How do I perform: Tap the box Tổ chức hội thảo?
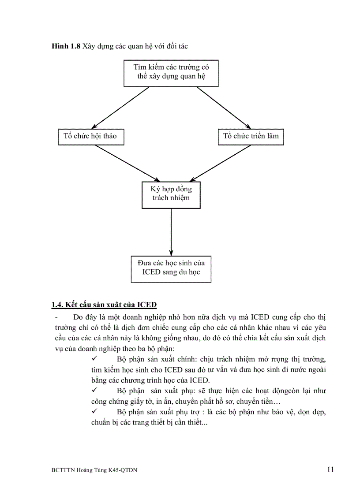pyautogui.click(x=90, y=136)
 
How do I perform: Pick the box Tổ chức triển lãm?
pyautogui.click(x=251, y=136)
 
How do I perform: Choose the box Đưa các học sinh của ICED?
pyautogui.click(x=171, y=268)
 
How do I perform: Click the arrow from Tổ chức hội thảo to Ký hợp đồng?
pyautogui.click(x=128, y=163)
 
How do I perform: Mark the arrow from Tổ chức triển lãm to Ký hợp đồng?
pyautogui.click(x=216, y=163)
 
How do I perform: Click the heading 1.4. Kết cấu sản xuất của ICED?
pyautogui.click(x=104, y=305)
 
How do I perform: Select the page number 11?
pyautogui.click(x=330, y=469)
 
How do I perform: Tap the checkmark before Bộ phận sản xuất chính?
pyautogui.click(x=94, y=359)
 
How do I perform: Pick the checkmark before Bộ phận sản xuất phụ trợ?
pyautogui.click(x=94, y=412)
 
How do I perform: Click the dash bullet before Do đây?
pyautogui.click(x=56, y=317)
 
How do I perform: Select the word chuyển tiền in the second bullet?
pyautogui.click(x=249, y=402)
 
